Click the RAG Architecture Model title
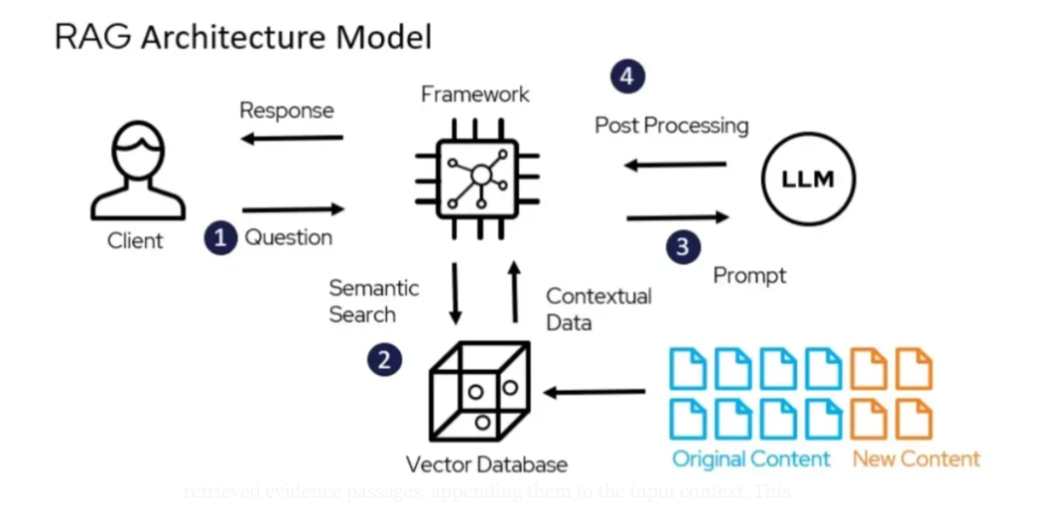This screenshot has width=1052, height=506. pyautogui.click(x=243, y=37)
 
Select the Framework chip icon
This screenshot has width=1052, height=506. pyautogui.click(x=477, y=176)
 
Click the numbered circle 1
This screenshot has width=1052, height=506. pyautogui.click(x=221, y=236)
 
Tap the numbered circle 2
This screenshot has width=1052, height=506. pyautogui.click(x=384, y=359)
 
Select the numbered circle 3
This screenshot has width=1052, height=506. pyautogui.click(x=683, y=246)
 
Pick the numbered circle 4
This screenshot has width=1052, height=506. pyautogui.click(x=627, y=76)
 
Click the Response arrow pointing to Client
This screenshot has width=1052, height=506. pyautogui.click(x=292, y=138)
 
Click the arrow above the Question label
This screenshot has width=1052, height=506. pyautogui.click(x=293, y=208)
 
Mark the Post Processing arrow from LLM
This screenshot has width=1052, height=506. pyautogui.click(x=675, y=164)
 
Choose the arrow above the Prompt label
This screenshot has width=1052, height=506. pyautogui.click(x=678, y=217)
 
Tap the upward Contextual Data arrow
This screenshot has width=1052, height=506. pyautogui.click(x=515, y=292)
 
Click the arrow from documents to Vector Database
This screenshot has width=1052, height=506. pyautogui.click(x=594, y=392)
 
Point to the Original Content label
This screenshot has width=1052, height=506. pyautogui.click(x=751, y=458)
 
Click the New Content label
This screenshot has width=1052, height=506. pyautogui.click(x=916, y=458)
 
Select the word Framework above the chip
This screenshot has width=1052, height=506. pyautogui.click(x=475, y=94)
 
